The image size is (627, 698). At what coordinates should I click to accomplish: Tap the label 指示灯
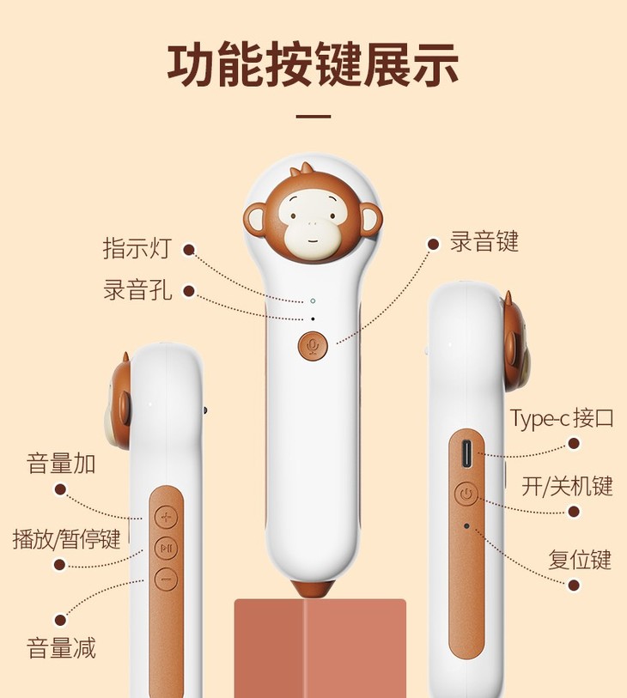coord(137,249)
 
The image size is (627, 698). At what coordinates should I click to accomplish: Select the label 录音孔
coord(137,289)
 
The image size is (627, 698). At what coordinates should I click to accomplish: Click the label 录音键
coord(484,241)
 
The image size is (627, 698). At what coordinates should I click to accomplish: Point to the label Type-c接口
coord(562,419)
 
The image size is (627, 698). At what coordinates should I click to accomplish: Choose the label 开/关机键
coord(567,486)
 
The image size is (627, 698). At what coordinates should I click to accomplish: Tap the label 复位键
coord(580,560)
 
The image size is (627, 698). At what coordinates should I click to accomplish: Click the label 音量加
coord(61,464)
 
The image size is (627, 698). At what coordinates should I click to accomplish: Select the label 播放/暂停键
coord(66,539)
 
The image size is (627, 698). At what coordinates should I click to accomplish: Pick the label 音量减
coord(61,646)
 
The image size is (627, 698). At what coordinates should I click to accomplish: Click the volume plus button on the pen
coord(166,517)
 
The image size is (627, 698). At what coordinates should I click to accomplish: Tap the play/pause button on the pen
coord(166,548)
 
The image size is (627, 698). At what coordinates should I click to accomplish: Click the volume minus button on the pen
coord(166,579)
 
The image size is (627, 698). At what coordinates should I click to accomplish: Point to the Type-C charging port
coord(466,452)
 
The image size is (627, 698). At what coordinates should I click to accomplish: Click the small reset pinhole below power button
coord(466,525)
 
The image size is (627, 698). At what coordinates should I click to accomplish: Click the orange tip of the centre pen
coord(312,591)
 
